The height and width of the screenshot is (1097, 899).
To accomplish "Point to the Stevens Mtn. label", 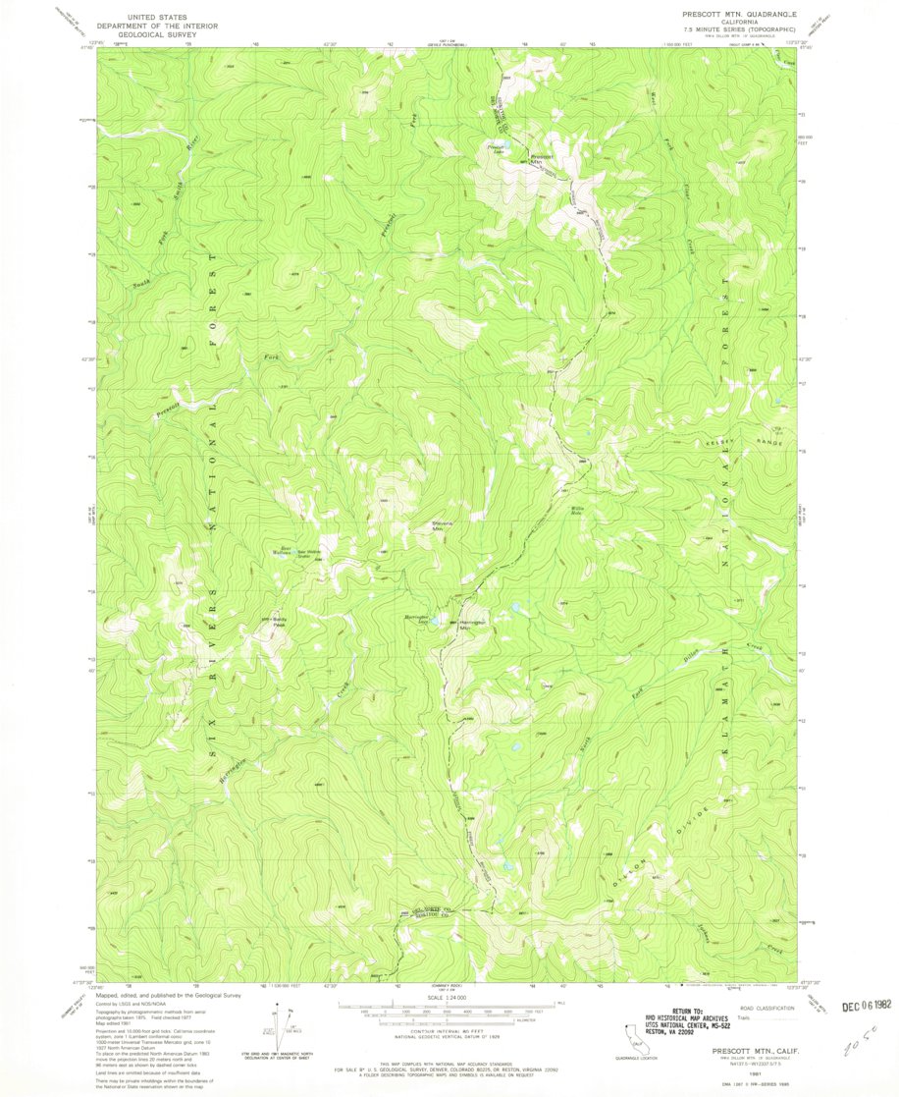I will pyautogui.click(x=448, y=526).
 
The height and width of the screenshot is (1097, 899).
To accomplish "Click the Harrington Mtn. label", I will pyautogui.click(x=475, y=625).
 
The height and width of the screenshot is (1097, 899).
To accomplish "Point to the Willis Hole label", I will pyautogui.click(x=579, y=510).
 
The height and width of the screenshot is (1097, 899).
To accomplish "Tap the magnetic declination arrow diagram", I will pyautogui.click(x=279, y=1021).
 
